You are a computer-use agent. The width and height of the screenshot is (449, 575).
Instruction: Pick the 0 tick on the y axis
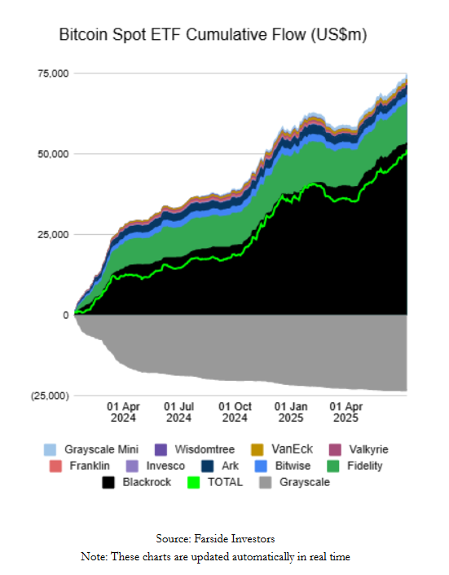pyautogui.click(x=65, y=315)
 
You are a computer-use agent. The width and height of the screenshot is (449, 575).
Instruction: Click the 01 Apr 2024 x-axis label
pyautogui.click(x=124, y=411)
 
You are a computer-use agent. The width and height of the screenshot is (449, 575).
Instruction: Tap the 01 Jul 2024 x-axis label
pyautogui.click(x=179, y=411)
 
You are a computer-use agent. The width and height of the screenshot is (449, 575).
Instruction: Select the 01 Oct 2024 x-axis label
pyautogui.click(x=235, y=411)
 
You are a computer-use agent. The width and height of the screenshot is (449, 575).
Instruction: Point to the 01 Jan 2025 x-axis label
pyautogui.click(x=291, y=411)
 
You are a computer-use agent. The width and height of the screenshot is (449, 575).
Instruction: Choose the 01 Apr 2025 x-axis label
pyautogui.click(x=346, y=411)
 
